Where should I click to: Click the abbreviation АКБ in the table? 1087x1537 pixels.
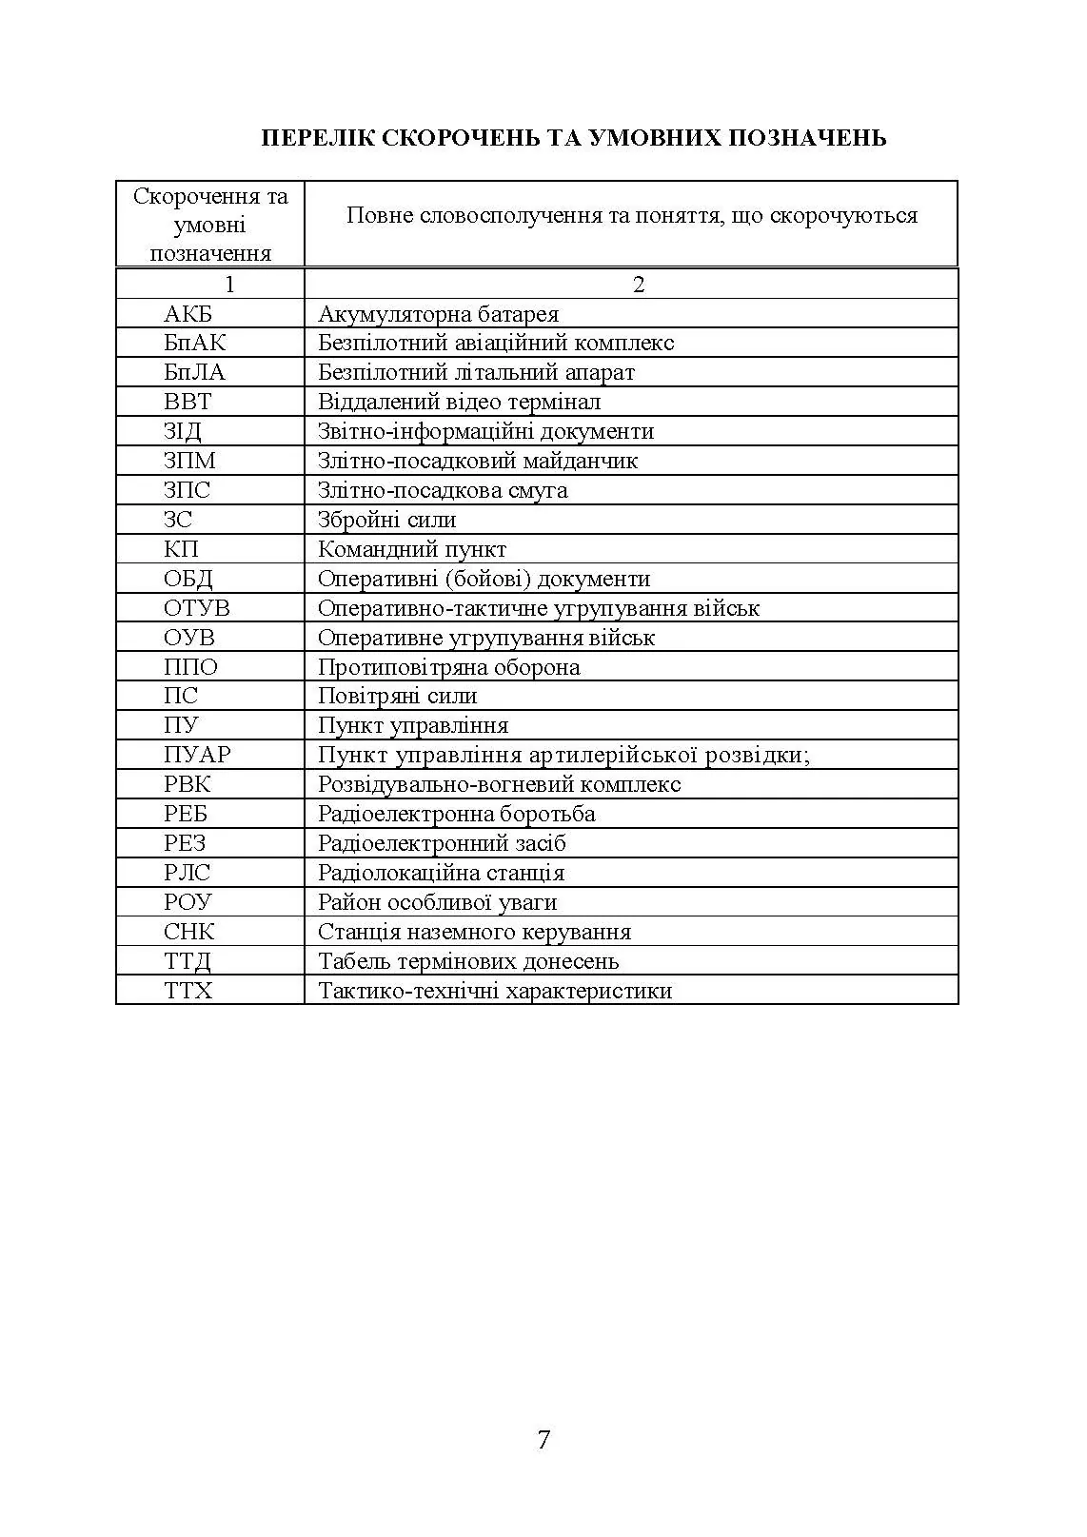(188, 314)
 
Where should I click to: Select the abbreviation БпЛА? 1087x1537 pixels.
(194, 372)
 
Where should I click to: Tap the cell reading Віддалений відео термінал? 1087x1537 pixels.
(459, 402)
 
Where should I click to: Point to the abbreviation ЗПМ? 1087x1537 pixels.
(189, 461)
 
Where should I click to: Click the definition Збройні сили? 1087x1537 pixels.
(386, 520)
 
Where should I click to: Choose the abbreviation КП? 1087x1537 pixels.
(181, 549)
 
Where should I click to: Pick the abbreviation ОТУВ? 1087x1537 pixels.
(196, 608)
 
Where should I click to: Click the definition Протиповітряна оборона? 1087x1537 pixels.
(448, 667)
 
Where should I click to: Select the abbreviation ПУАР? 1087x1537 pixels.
(196, 755)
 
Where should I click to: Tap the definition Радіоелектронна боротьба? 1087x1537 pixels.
(456, 814)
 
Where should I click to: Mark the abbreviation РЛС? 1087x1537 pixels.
(187, 873)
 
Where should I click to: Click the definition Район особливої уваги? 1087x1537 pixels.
(437, 902)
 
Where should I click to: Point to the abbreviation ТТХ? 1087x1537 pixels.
(188, 991)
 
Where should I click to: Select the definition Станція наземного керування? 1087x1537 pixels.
(474, 932)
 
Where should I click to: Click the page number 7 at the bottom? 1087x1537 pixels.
(543, 1440)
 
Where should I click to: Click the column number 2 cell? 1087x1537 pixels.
(639, 285)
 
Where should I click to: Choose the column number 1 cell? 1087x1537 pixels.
(228, 285)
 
